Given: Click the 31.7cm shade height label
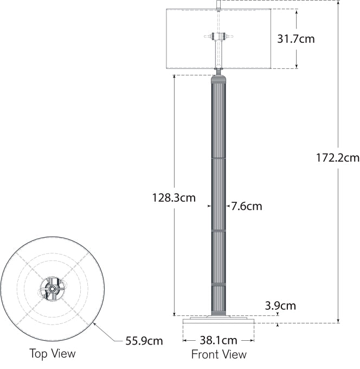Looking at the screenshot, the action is pyautogui.click(x=296, y=39).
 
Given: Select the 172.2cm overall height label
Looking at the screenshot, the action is pyautogui.click(x=338, y=158).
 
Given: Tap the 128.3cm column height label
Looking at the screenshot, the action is pyautogui.click(x=174, y=198).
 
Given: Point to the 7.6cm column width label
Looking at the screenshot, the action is pyautogui.click(x=247, y=206).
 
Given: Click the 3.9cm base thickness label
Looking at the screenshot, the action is pyautogui.click(x=280, y=306).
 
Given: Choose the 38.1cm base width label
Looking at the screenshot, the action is pyautogui.click(x=218, y=340).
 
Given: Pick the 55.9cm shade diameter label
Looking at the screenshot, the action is pyautogui.click(x=144, y=341).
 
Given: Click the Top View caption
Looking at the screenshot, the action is pyautogui.click(x=53, y=354).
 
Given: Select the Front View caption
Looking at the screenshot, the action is pyautogui.click(x=219, y=354).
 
